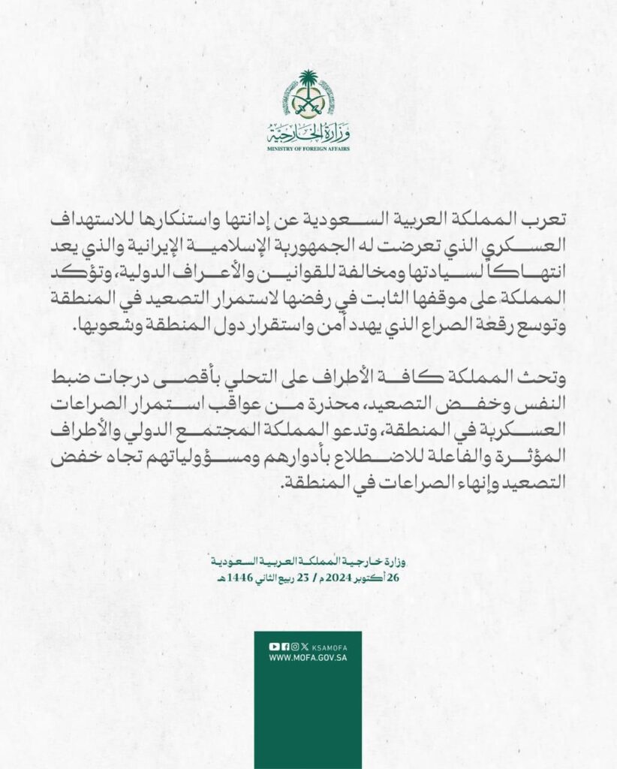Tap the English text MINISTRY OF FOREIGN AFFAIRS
point(308,149)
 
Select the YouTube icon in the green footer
point(275,647)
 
